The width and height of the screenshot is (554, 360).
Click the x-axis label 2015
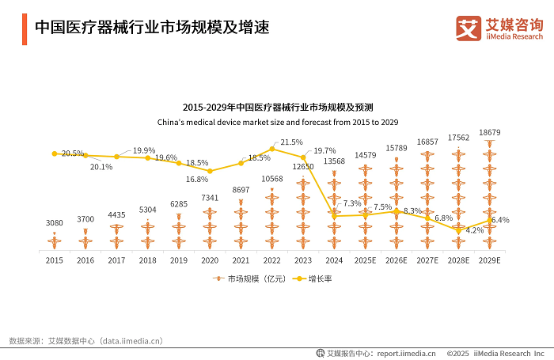click(54, 260)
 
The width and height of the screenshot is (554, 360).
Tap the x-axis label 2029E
click(489, 260)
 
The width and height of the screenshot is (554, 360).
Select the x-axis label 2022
click(271, 260)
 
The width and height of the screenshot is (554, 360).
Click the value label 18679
click(490, 133)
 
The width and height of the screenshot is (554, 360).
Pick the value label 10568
click(271, 179)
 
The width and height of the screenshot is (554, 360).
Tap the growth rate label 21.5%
click(291, 142)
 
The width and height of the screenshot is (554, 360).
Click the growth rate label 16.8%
click(197, 179)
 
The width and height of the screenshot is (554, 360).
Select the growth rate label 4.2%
click(475, 230)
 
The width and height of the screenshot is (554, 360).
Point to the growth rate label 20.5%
click(73, 153)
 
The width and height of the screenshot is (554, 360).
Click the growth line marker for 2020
click(210, 171)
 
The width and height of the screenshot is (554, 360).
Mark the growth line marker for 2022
click(271, 149)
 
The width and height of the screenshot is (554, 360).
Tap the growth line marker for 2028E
click(458, 231)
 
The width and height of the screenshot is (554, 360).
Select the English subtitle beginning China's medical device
click(277, 122)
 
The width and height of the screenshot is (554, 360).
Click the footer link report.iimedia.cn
click(406, 353)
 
